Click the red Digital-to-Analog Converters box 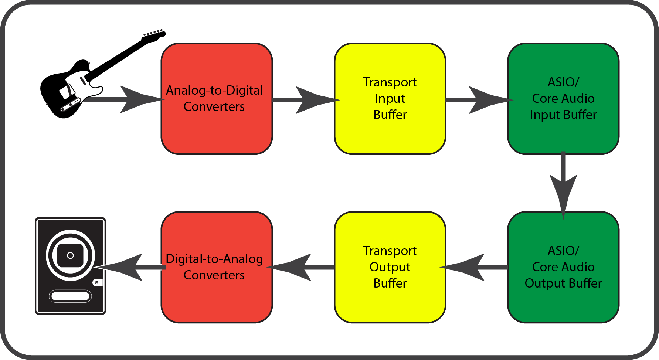(x=217, y=299)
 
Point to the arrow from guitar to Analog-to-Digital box (x=129, y=99)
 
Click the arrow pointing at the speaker (x=129, y=267)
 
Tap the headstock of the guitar (x=154, y=36)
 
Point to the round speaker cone (x=70, y=255)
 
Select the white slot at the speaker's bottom (x=70, y=296)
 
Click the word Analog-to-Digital (x=214, y=90)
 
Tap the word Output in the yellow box (x=390, y=267)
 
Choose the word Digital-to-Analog (x=214, y=259)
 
